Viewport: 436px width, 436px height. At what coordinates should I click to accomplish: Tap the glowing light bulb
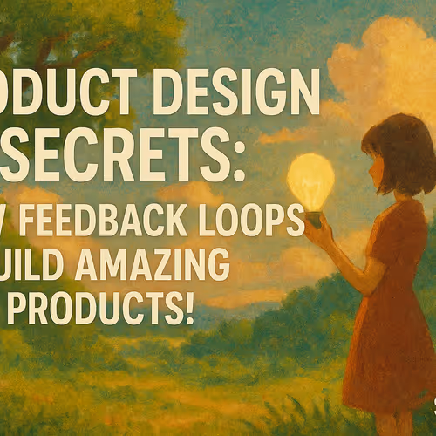pyautogui.click(x=311, y=181)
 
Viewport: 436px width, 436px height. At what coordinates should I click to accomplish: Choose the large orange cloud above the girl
pyautogui.click(x=384, y=70)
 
